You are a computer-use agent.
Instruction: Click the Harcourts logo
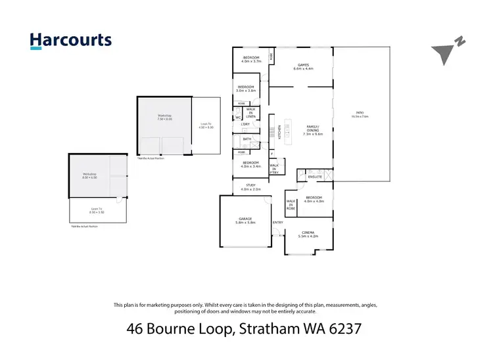71,40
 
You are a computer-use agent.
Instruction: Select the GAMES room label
303,66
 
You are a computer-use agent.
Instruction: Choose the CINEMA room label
308,234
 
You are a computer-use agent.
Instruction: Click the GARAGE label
245,219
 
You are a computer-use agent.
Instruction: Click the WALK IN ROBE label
290,204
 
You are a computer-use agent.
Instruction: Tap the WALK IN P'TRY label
274,168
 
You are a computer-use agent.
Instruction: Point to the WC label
237,118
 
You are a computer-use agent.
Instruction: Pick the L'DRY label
245,124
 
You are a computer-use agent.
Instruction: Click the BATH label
246,139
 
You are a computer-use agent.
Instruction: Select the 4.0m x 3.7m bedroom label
251,60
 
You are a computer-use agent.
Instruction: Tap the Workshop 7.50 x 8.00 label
164,118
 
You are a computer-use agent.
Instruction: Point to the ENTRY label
277,222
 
